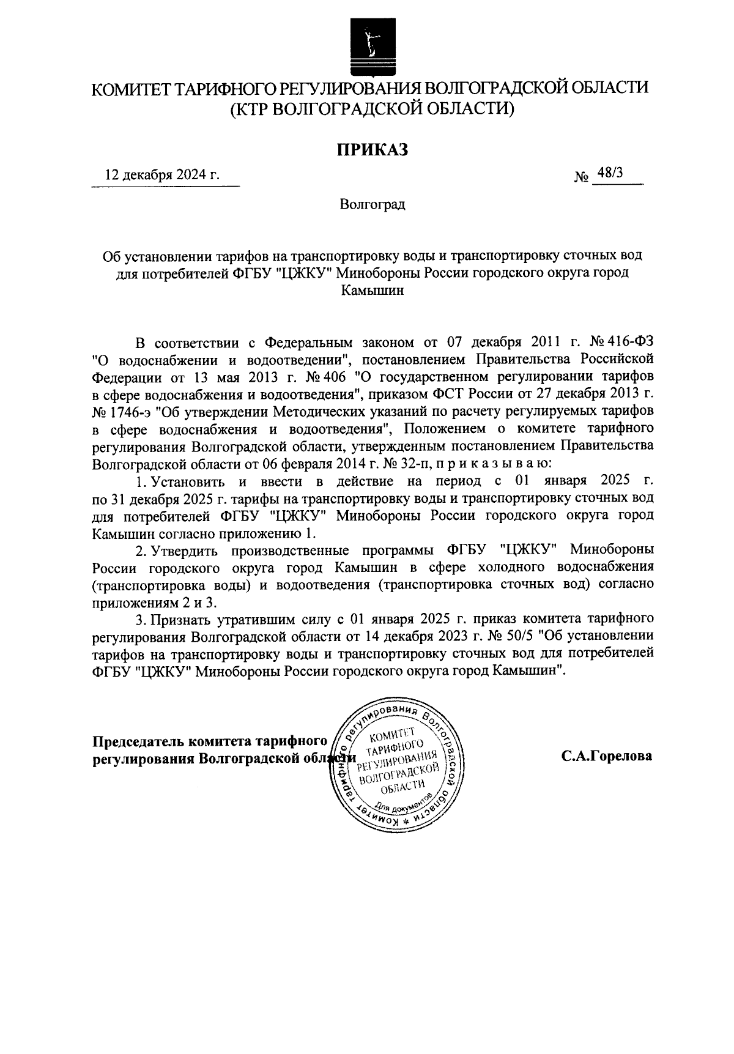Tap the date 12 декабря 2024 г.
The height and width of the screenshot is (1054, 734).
click(162, 174)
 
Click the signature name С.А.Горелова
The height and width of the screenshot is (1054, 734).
click(607, 755)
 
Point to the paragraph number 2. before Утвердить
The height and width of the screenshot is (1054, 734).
click(140, 549)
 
